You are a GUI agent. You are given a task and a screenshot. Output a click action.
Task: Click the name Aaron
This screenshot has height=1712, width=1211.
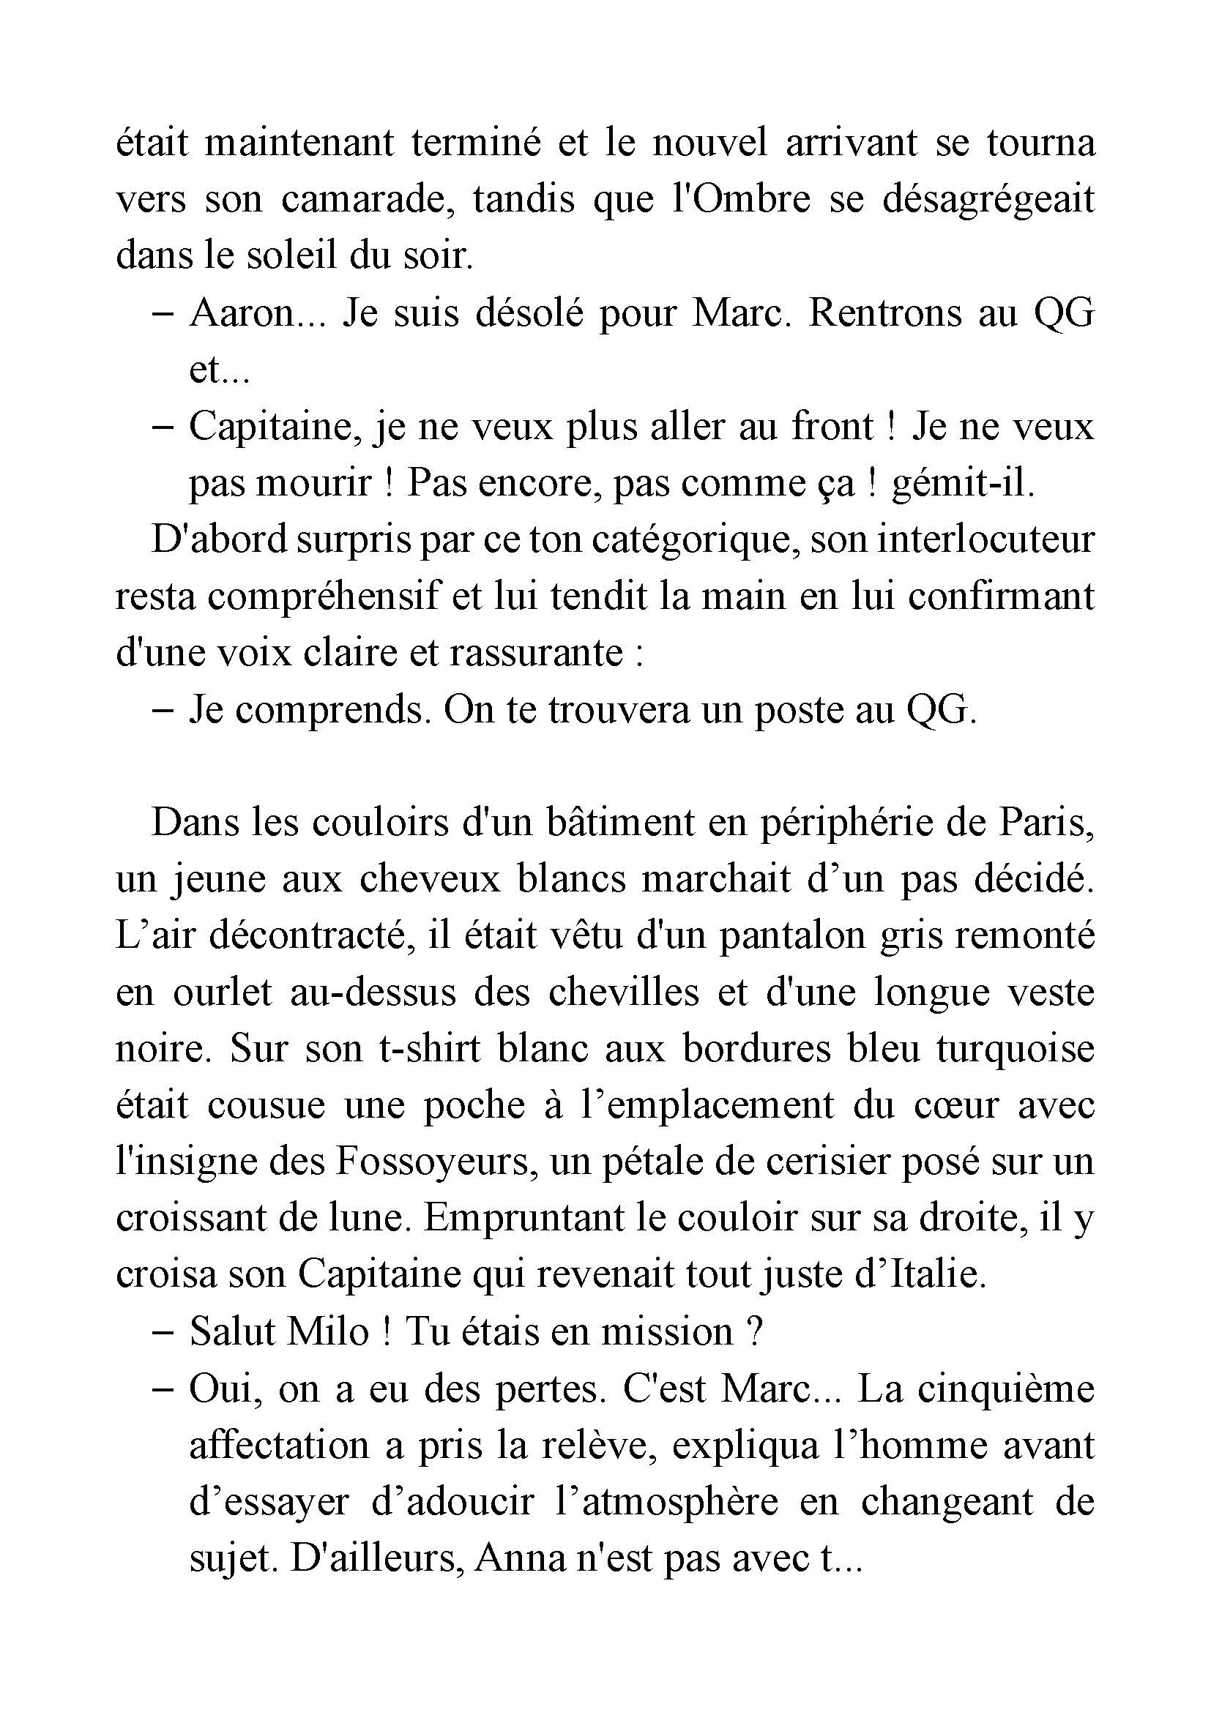pos(243,314)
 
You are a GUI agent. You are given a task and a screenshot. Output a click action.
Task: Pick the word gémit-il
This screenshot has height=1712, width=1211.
pos(964,483)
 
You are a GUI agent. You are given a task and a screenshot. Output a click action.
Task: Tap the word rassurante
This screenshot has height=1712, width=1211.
pos(535,653)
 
